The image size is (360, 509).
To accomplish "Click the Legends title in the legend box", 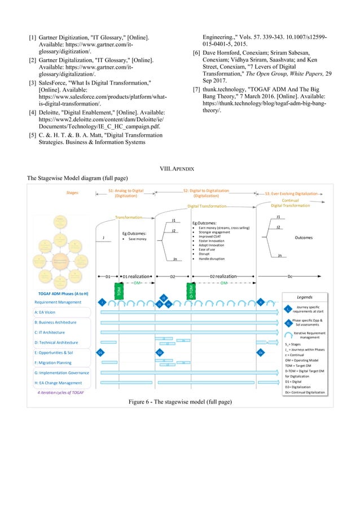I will [x=305, y=297].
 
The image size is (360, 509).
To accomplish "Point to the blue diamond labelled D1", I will [x=100, y=353].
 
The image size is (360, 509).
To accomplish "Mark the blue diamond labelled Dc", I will [x=260, y=353].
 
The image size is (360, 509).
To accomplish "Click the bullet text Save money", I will [x=135, y=239].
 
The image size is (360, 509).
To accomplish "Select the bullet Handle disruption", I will [x=212, y=258].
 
